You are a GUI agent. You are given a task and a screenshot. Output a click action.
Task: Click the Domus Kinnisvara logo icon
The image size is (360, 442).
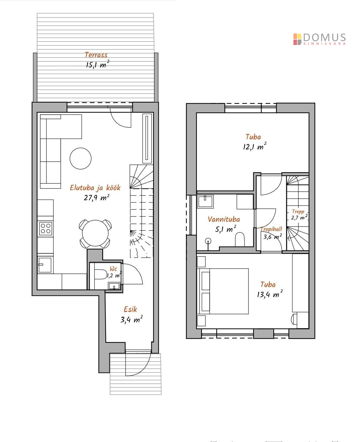click(x=297, y=39)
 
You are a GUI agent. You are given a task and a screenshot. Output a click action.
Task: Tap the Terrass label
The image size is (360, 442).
click(x=96, y=55)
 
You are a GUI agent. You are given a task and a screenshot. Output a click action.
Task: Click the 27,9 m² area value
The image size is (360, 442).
click(x=97, y=197)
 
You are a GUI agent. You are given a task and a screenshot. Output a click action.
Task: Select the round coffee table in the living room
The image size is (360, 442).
click(x=80, y=159)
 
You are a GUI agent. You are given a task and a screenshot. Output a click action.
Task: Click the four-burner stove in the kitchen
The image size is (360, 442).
click(x=45, y=228)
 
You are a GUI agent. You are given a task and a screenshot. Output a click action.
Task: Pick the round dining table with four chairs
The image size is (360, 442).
click(x=95, y=233)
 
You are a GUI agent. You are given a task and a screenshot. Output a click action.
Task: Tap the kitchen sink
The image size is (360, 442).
click(x=45, y=265)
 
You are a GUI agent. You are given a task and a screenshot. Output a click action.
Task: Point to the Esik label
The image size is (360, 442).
click(x=130, y=309)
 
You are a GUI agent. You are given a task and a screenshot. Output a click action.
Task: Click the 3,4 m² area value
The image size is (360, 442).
click(x=132, y=320)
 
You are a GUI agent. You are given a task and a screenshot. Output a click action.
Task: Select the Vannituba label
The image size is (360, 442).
click(x=224, y=219)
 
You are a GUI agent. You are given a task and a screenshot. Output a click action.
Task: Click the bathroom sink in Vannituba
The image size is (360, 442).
click(x=205, y=201)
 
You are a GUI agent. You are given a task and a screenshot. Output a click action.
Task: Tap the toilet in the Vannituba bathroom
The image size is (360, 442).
click(x=240, y=239)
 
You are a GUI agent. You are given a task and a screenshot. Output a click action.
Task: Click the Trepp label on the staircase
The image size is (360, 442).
click(x=298, y=212)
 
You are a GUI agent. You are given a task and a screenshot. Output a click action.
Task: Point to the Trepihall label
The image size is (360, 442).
click(x=272, y=229)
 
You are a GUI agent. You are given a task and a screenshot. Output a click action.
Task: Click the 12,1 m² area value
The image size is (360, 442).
click(x=255, y=146)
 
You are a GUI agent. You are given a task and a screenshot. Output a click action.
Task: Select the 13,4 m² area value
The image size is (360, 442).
click(x=270, y=294)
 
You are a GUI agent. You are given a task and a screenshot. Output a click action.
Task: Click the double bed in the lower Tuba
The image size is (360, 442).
click(x=224, y=291)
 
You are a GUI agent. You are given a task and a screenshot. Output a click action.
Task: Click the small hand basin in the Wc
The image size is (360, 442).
click(x=114, y=286)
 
